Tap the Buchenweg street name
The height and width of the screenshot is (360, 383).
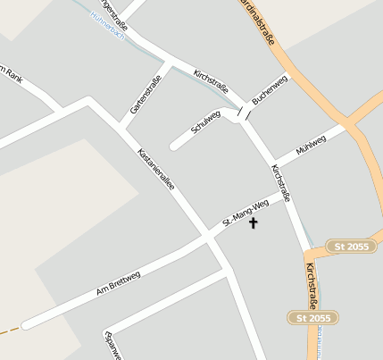pyautogui.click(x=270, y=90)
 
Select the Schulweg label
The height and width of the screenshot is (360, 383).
pyautogui.click(x=206, y=123)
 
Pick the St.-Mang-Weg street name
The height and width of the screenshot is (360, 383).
pyautogui.click(x=246, y=211)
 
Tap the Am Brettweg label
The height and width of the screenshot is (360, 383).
pyautogui.click(x=118, y=284)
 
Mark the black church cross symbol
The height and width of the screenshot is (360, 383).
pyautogui.click(x=253, y=222)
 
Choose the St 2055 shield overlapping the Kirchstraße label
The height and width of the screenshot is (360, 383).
pyautogui.click(x=314, y=317)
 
